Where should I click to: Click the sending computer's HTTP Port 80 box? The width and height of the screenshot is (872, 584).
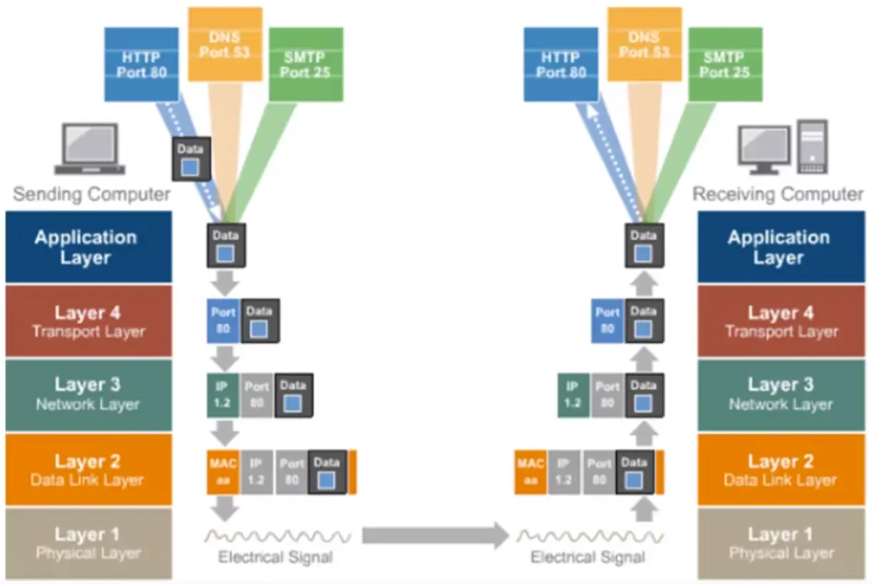pyautogui.click(x=141, y=64)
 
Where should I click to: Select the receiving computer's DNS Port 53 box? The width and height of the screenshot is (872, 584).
pyautogui.click(x=644, y=44)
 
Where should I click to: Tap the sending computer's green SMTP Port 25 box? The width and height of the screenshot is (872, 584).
pyautogui.click(x=306, y=64)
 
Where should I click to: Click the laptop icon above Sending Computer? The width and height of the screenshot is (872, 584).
pyautogui.click(x=90, y=149)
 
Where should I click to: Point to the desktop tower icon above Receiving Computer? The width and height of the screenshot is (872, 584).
pyautogui.click(x=813, y=147)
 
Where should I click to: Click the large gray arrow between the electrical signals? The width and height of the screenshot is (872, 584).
pyautogui.click(x=435, y=535)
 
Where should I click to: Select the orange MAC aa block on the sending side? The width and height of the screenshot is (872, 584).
pyautogui.click(x=223, y=471)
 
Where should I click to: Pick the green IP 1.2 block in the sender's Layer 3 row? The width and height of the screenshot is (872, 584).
pyautogui.click(x=222, y=395)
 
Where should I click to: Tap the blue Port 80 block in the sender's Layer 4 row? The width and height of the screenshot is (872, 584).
pyautogui.click(x=223, y=320)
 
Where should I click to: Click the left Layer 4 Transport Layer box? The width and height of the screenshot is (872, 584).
pyautogui.click(x=89, y=321)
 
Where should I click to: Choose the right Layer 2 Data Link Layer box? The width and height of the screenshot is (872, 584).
pyautogui.click(x=780, y=470)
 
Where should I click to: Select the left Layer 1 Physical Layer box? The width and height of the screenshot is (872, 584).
pyautogui.click(x=89, y=543)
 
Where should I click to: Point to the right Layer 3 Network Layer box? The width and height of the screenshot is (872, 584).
pyautogui.click(x=780, y=395)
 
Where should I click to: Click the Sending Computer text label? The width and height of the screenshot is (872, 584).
pyautogui.click(x=91, y=194)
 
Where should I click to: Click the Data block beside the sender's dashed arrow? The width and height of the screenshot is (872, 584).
pyautogui.click(x=190, y=159)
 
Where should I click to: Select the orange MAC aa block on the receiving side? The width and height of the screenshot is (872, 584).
pyautogui.click(x=531, y=471)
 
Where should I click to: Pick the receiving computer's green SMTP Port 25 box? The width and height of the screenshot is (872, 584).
pyautogui.click(x=725, y=64)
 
